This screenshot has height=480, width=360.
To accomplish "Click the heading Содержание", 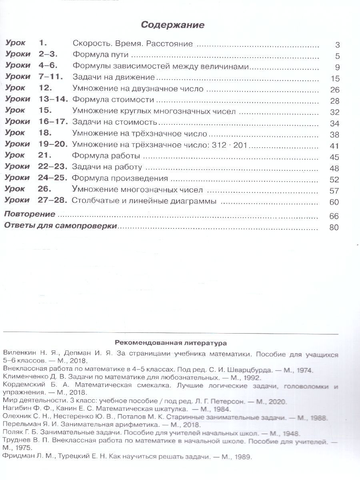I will (172, 25).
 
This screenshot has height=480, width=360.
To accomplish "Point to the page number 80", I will (334, 228).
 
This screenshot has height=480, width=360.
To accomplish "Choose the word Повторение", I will (29, 214).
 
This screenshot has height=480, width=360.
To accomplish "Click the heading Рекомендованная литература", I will (171, 342).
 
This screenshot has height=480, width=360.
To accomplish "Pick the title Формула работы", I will (106, 156).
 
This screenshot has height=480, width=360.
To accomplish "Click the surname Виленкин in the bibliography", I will (18, 354).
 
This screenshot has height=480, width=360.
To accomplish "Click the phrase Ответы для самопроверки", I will (60, 226).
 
